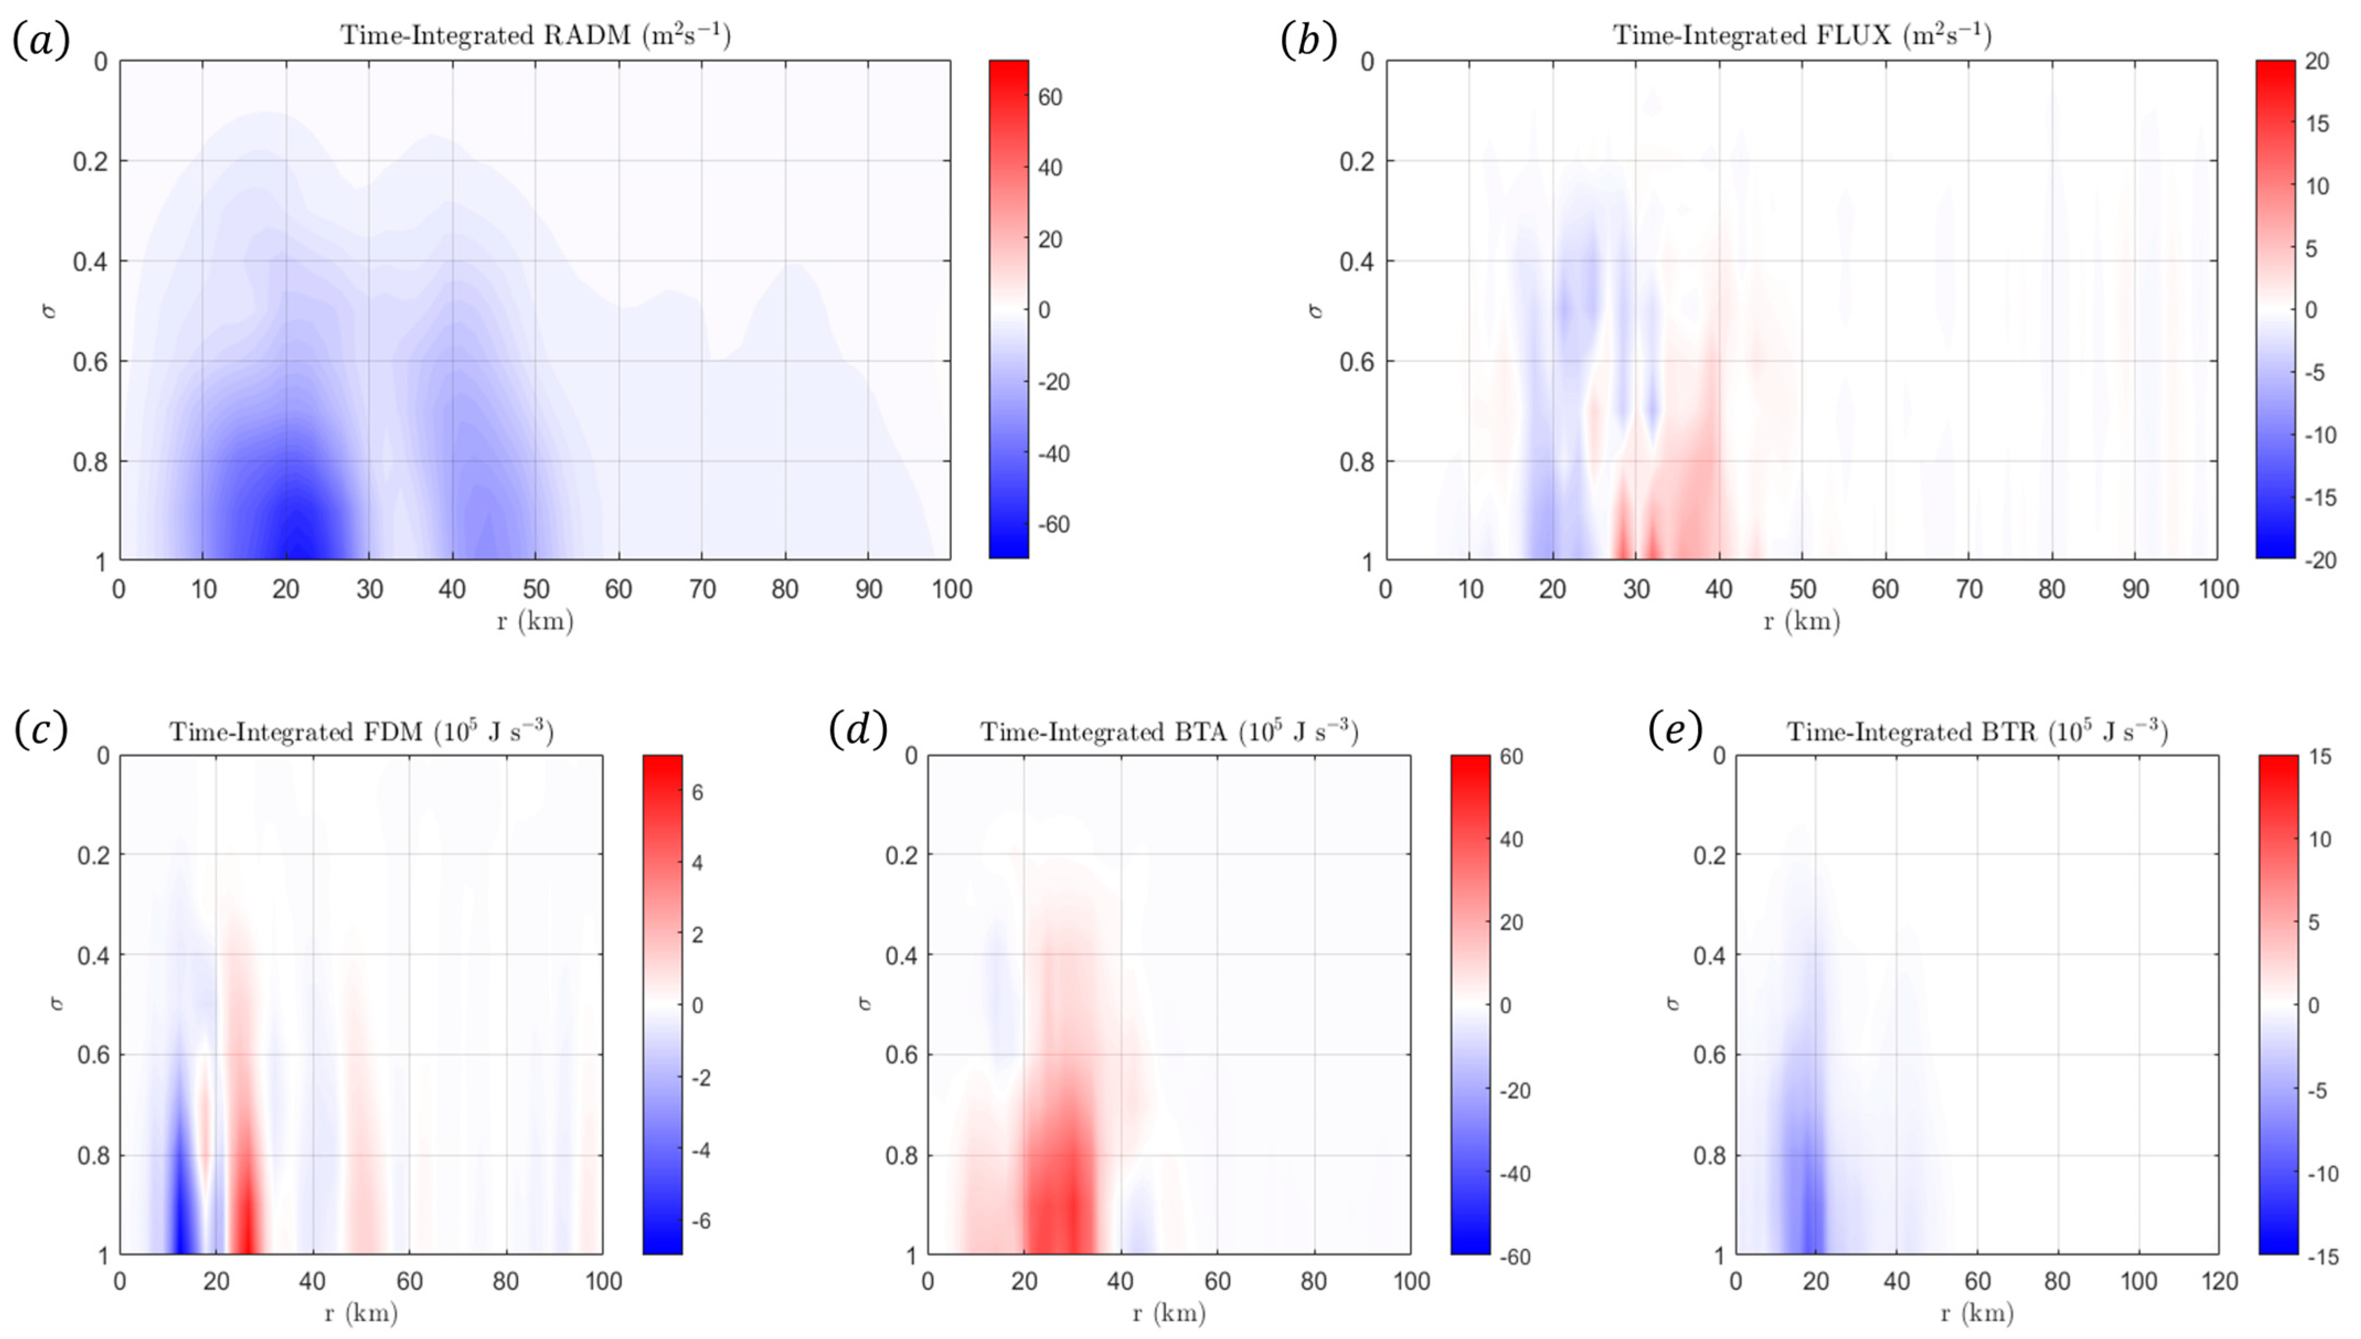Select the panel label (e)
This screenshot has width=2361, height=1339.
1676,730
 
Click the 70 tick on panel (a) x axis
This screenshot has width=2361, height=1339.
702,589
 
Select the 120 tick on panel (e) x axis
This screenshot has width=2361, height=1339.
2219,1281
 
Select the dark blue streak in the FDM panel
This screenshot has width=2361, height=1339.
181,1214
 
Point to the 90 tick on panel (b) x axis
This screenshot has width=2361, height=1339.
2135,589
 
